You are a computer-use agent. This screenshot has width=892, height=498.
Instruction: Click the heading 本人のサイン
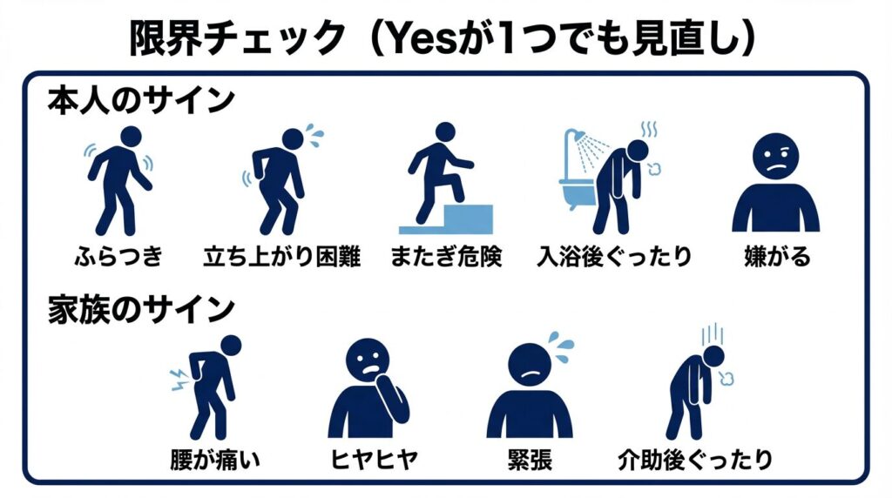tap(141, 101)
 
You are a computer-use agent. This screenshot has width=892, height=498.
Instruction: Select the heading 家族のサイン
tap(141, 310)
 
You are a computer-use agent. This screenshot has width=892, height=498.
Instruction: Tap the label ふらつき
tap(118, 256)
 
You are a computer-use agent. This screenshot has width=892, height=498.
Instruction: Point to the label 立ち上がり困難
tap(282, 256)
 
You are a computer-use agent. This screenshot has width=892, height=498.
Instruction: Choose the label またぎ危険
tap(446, 256)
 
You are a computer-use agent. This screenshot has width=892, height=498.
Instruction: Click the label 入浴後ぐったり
tap(614, 256)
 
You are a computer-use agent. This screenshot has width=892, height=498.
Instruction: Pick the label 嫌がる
tap(777, 256)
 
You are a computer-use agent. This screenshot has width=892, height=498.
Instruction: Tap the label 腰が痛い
tap(215, 460)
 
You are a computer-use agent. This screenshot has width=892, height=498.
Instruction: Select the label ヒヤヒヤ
tap(374, 460)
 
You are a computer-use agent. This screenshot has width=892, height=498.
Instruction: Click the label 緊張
tap(530, 460)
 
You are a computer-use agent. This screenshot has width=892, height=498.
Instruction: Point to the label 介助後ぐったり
tap(695, 460)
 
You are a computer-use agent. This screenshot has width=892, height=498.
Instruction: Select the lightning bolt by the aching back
tap(179, 380)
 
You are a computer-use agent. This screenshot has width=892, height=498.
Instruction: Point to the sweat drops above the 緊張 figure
tap(561, 346)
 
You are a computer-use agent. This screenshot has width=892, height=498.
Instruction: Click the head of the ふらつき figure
tap(131, 137)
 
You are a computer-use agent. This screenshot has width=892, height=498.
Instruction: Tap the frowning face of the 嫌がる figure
tap(775, 157)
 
